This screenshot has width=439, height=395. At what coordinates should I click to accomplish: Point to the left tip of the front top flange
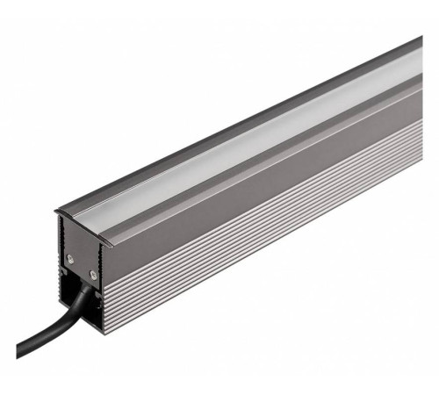point(56,211)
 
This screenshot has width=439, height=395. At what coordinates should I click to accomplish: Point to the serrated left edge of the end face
point(64,290)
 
